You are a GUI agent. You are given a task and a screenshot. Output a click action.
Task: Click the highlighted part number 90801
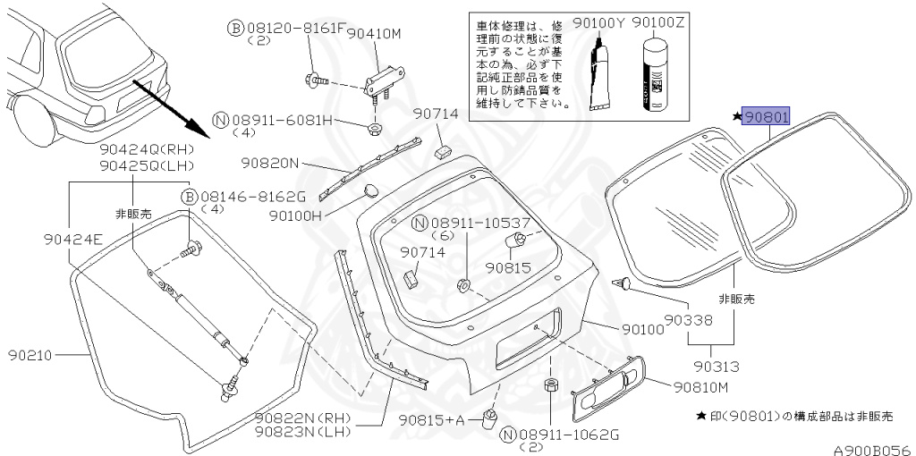[766, 117]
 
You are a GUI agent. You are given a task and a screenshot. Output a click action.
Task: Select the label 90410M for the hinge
[375, 35]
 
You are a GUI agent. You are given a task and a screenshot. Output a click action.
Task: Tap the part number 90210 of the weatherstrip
[30, 356]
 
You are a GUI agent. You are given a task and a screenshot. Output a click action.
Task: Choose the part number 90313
[717, 367]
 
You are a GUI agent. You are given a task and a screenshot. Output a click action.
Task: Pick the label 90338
[689, 321]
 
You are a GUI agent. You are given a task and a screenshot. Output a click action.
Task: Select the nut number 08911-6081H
[282, 121]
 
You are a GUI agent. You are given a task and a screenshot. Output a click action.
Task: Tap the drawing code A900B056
[873, 450]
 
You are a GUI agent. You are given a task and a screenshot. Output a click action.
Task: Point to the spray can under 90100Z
[653, 74]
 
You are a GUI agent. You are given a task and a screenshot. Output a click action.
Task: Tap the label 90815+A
[431, 420]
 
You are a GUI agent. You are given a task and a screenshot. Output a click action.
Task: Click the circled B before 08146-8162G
[189, 196]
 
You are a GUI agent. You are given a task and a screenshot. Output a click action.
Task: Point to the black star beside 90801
[736, 117]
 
